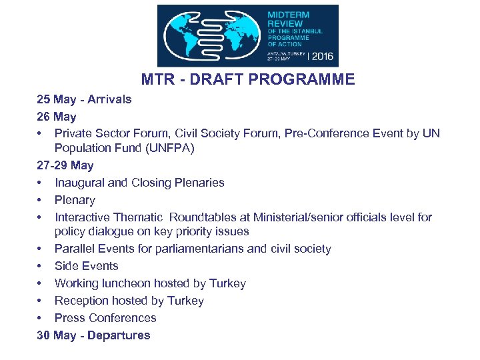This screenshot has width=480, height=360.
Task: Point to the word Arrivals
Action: click(x=108, y=99)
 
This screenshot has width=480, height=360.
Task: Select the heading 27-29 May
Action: click(x=65, y=165)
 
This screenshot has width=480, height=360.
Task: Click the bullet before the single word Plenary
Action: click(x=41, y=200)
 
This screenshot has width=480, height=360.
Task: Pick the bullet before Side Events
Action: click(x=41, y=266)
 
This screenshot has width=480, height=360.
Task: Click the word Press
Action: click(x=70, y=318)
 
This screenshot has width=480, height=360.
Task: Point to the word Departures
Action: click(x=118, y=335)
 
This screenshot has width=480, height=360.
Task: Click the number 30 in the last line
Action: click(x=43, y=335)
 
